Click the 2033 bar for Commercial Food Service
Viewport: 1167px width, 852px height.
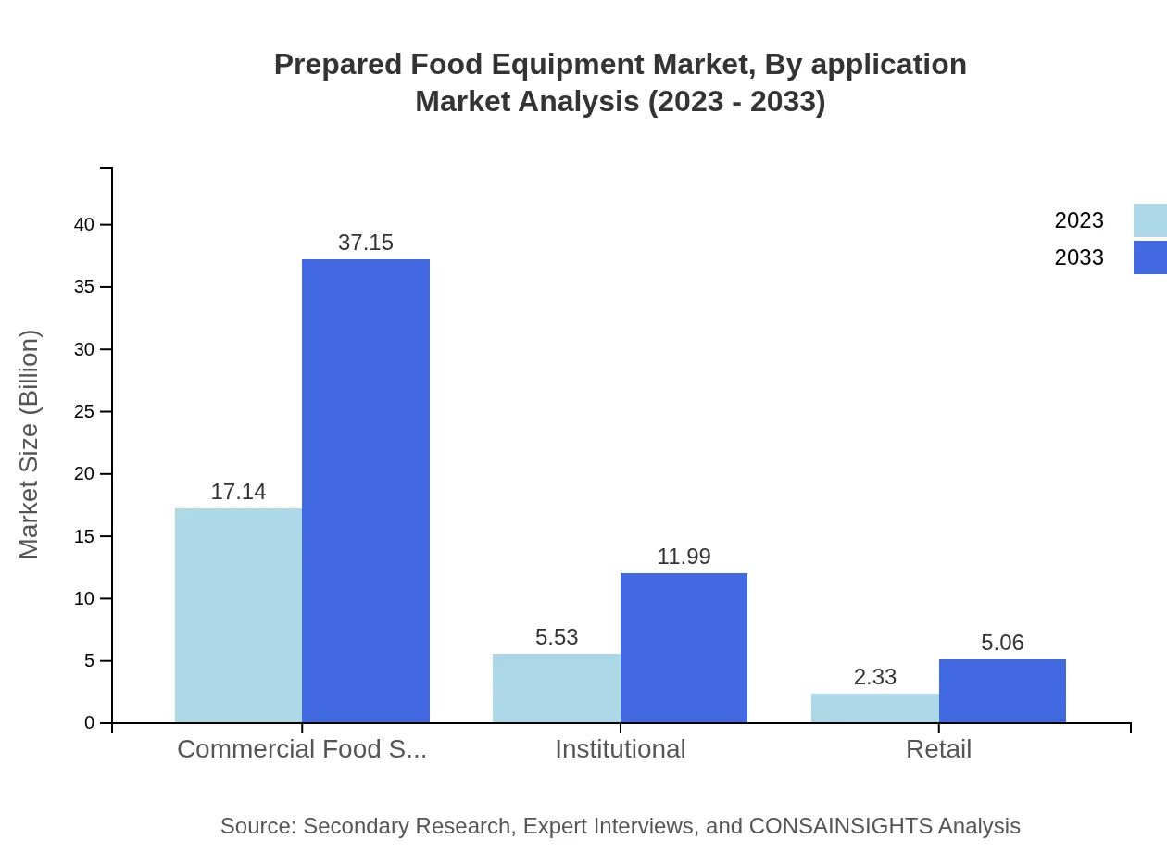pos(366,491)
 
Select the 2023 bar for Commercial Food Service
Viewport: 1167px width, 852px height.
pos(238,615)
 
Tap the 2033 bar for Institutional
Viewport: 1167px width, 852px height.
pos(684,647)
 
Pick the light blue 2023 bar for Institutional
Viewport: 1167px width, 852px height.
pos(556,688)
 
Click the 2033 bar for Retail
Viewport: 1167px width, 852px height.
pos(1002,691)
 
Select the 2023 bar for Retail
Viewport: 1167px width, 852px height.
pos(874,708)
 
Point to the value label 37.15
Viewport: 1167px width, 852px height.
pos(366,243)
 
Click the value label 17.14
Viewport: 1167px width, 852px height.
pos(238,492)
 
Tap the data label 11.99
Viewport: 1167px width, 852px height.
pos(684,557)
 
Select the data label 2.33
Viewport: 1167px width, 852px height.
pos(874,677)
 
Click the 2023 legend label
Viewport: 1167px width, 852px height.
pos(1079,220)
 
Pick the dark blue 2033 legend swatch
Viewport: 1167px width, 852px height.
pos(1149,257)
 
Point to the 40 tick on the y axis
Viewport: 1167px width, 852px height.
pos(84,224)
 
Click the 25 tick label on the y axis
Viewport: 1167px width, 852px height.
pos(84,411)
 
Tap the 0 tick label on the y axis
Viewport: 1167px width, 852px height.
pos(90,722)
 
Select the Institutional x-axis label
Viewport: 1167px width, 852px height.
pos(620,748)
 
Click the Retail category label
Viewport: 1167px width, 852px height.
pos(938,748)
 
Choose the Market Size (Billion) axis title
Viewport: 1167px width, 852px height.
pos(29,445)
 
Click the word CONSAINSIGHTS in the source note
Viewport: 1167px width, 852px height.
pos(840,825)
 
